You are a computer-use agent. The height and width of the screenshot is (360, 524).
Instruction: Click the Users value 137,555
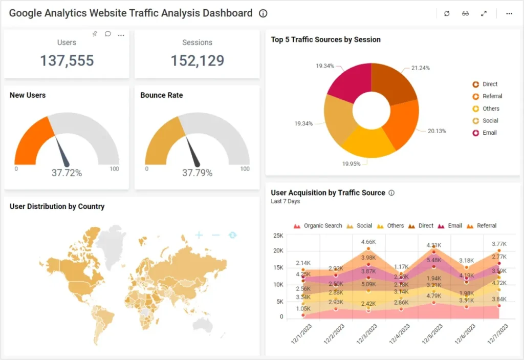[x=67, y=60]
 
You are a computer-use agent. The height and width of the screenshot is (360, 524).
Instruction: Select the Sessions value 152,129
[x=197, y=60]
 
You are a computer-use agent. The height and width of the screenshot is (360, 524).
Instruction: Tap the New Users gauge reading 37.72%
[x=67, y=173]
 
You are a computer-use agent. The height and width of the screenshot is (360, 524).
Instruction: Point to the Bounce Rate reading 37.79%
[x=197, y=173]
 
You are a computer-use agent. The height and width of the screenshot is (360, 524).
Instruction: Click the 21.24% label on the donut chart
[x=420, y=68]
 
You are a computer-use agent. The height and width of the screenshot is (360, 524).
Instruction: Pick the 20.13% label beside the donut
[x=436, y=131]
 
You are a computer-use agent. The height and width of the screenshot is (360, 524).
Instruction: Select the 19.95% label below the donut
[x=351, y=164]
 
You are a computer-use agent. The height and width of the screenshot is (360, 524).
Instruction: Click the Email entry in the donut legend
[x=489, y=133]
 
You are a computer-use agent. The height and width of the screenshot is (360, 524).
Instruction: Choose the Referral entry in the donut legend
[x=492, y=96]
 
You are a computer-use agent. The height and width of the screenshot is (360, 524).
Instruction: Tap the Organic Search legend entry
[x=322, y=226]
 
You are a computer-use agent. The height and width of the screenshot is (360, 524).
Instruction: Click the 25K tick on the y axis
[x=278, y=236]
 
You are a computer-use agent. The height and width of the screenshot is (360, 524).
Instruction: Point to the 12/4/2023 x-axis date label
[x=400, y=334]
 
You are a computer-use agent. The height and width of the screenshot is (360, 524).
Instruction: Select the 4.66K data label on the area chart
[x=368, y=242]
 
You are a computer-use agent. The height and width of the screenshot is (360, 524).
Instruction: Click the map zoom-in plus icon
[x=199, y=235]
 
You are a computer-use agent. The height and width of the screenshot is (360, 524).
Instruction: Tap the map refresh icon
[x=233, y=235]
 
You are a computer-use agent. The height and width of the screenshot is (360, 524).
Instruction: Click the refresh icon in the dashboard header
[x=447, y=14]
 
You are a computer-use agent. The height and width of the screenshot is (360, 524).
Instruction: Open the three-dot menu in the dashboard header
[x=509, y=14]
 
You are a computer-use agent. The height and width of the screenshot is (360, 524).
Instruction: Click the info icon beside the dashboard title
[x=263, y=14]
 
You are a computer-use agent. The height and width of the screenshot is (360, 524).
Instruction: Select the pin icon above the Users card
[x=94, y=34]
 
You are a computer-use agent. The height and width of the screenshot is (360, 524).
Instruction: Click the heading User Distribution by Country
[x=57, y=206]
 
